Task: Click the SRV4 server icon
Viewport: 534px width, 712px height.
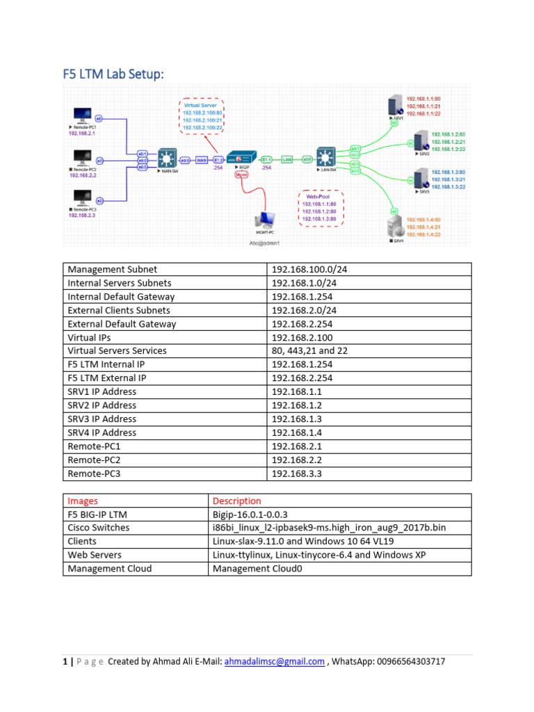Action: [396, 227]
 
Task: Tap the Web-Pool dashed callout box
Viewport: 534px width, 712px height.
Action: [320, 208]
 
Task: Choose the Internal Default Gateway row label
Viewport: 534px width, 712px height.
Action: [121, 297]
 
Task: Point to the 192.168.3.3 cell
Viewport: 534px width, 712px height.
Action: [297, 474]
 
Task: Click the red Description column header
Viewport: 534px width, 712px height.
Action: [237, 501]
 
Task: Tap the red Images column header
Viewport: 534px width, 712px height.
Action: [83, 501]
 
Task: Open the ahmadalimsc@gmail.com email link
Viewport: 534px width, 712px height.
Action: [274, 662]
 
